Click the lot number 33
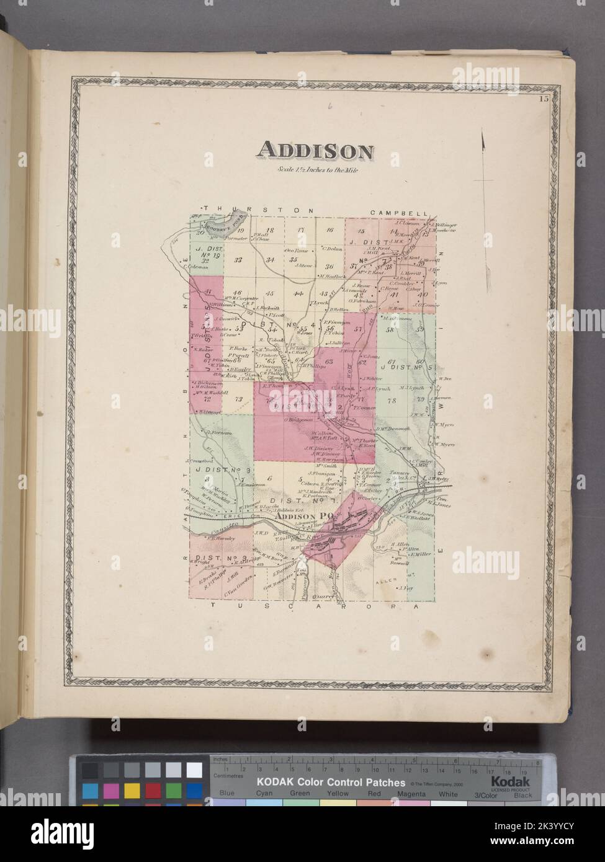238,259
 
